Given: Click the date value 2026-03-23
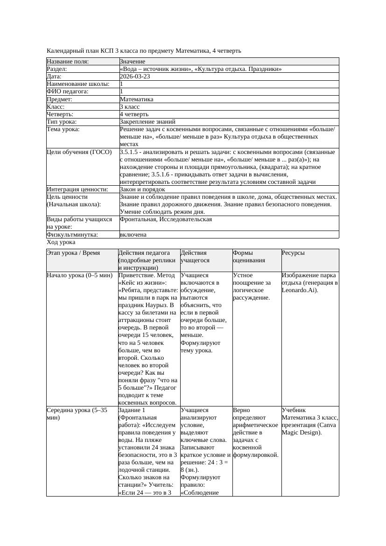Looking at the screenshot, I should point(135,77).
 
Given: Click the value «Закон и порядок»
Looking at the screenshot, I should point(142,189).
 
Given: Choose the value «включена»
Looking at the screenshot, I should point(133,235).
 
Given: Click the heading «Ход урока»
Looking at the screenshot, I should point(61,243).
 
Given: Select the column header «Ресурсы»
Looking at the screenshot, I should point(293,253).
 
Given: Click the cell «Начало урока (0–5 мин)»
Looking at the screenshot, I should point(80,275).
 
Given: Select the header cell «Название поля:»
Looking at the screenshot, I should point(68,62).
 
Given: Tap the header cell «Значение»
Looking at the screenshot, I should point(133,62).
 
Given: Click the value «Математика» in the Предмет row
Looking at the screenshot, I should point(136,99).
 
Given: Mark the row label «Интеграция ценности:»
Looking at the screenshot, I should point(77,189).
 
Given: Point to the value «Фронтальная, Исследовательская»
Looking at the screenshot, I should point(166,219).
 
